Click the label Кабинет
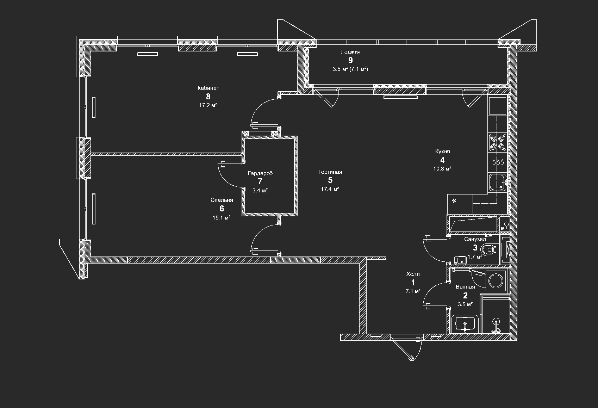208,88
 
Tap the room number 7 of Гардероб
260,181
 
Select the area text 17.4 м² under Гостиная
330,189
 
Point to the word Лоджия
350,52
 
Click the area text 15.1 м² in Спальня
221,218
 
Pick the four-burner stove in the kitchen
497,142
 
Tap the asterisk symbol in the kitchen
454,201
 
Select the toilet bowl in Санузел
488,250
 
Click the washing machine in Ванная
497,280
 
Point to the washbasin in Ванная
465,323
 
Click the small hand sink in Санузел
460,260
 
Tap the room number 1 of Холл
413,283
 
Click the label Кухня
442,152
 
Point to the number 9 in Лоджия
350,60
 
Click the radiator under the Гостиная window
400,97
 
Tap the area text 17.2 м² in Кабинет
208,105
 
